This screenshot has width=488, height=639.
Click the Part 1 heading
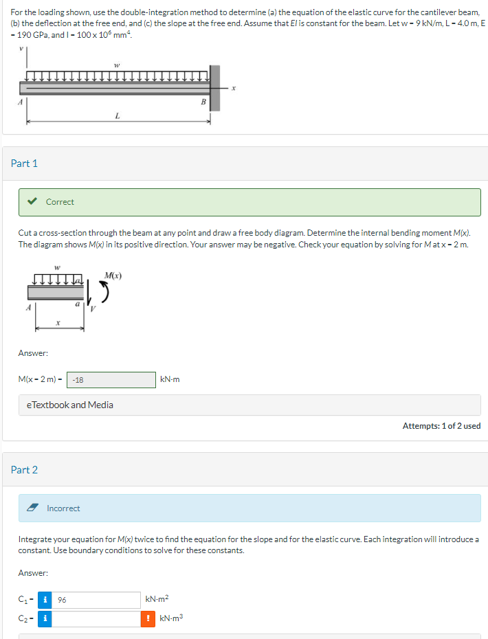[25, 164]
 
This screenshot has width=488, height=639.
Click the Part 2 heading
[25, 470]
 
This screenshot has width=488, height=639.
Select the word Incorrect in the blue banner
[63, 508]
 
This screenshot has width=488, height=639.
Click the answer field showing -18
[111, 380]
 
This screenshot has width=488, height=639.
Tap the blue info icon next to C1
[45, 600]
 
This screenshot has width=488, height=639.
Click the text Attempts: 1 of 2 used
[441, 426]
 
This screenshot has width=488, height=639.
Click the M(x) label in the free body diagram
[113, 276]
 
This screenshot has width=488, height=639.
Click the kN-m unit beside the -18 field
[169, 380]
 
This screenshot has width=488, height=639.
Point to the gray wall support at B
[215, 88]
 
